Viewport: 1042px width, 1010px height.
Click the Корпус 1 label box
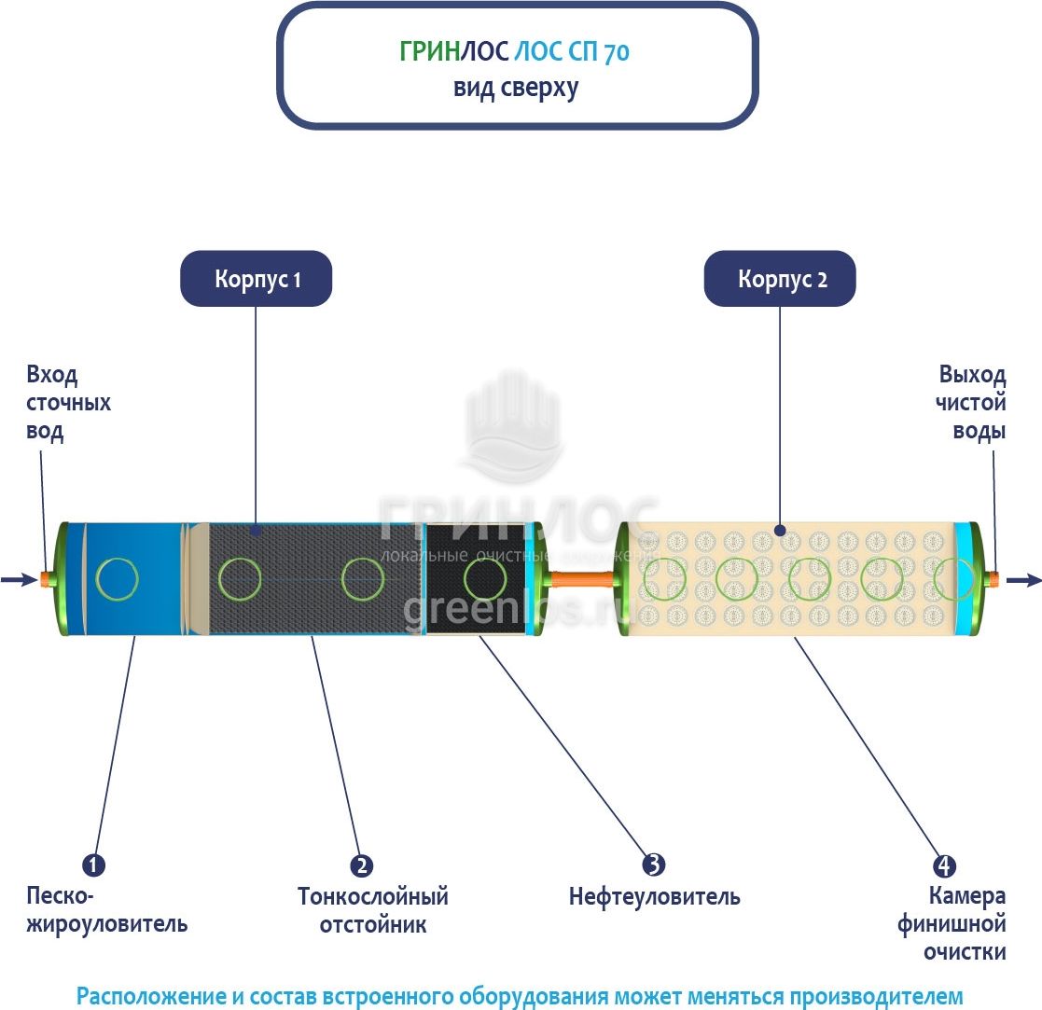coord(257,279)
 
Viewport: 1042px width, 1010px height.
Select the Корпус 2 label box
coord(781,279)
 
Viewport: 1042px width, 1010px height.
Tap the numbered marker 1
coord(93,865)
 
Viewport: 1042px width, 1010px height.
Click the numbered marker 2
coord(361,865)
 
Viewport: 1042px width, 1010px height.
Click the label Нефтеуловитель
coord(654,897)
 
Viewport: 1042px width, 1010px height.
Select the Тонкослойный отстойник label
coord(372,910)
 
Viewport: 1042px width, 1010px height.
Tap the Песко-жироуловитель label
coord(106,910)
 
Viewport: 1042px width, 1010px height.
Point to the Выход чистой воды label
coord(973,404)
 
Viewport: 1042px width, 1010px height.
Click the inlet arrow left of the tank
coord(18,580)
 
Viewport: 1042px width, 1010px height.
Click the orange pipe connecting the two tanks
coord(580,579)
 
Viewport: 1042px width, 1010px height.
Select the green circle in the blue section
coord(118,578)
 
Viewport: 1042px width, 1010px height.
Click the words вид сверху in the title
coord(517,89)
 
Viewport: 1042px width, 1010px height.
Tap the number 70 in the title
coord(617,53)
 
